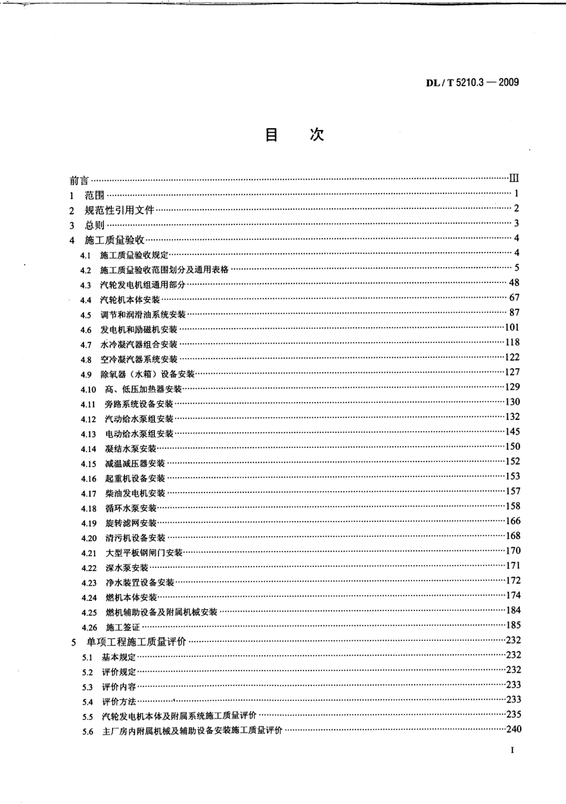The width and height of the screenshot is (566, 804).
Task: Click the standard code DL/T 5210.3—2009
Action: tap(472, 82)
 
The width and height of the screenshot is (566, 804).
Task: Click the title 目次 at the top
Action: tap(294, 135)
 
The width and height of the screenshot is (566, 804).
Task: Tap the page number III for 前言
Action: tap(514, 178)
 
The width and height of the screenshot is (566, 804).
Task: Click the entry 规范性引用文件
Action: tap(120, 210)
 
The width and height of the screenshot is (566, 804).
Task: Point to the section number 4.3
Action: tap(86, 285)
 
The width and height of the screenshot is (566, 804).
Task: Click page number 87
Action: tap(514, 312)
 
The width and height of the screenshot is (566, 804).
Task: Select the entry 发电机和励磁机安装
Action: tap(139, 329)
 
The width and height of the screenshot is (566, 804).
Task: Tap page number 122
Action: tap(512, 357)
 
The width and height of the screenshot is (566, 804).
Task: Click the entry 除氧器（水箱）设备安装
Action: tap(147, 374)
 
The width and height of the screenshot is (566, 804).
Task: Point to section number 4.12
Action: tap(88, 419)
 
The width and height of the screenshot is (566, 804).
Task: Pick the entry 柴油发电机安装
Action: tap(135, 493)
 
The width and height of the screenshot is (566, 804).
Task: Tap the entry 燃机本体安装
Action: tap(131, 597)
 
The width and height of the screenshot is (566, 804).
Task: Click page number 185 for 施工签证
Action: tap(512, 625)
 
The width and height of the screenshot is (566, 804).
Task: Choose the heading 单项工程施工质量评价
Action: tap(136, 642)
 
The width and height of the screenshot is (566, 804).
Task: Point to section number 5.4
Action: tap(88, 702)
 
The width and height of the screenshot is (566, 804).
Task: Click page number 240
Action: tap(513, 729)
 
